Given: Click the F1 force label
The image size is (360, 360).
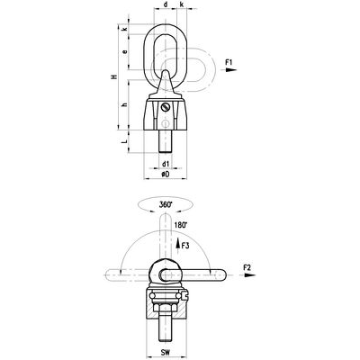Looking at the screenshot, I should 230,61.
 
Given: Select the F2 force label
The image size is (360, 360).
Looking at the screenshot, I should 248,267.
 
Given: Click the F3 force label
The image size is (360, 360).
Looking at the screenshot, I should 185,244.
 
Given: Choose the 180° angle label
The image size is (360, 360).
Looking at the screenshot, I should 183,224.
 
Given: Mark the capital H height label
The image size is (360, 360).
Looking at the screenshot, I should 112,80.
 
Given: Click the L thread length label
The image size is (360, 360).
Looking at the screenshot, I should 123,142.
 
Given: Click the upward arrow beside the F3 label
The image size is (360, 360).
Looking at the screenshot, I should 177,242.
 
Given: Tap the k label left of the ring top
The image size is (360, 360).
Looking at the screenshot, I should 124,29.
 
